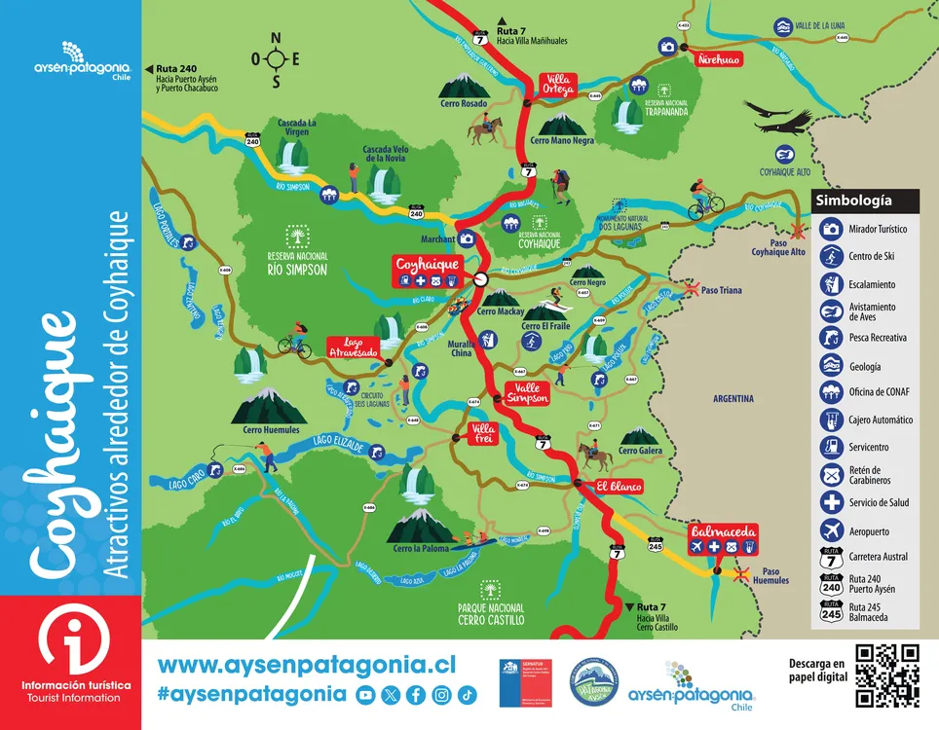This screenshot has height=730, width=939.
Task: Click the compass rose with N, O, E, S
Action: (x=277, y=58)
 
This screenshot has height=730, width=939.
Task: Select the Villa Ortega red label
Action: (x=559, y=85)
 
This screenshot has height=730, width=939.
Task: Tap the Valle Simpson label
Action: (x=527, y=392)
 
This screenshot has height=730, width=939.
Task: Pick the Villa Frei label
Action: (x=483, y=434)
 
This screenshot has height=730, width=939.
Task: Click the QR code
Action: (x=886, y=675)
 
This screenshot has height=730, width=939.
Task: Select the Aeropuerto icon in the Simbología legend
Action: (x=831, y=531)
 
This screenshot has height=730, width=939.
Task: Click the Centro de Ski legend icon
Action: (x=831, y=257)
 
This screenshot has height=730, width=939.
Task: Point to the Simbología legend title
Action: (x=853, y=201)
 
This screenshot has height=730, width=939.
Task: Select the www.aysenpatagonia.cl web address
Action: (x=306, y=664)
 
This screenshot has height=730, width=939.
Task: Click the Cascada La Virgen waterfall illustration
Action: (x=289, y=155)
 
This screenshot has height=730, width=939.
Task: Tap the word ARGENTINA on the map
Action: (x=732, y=398)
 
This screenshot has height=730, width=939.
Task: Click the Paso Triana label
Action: (x=722, y=290)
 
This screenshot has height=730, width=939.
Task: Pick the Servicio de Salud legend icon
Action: (x=831, y=502)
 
